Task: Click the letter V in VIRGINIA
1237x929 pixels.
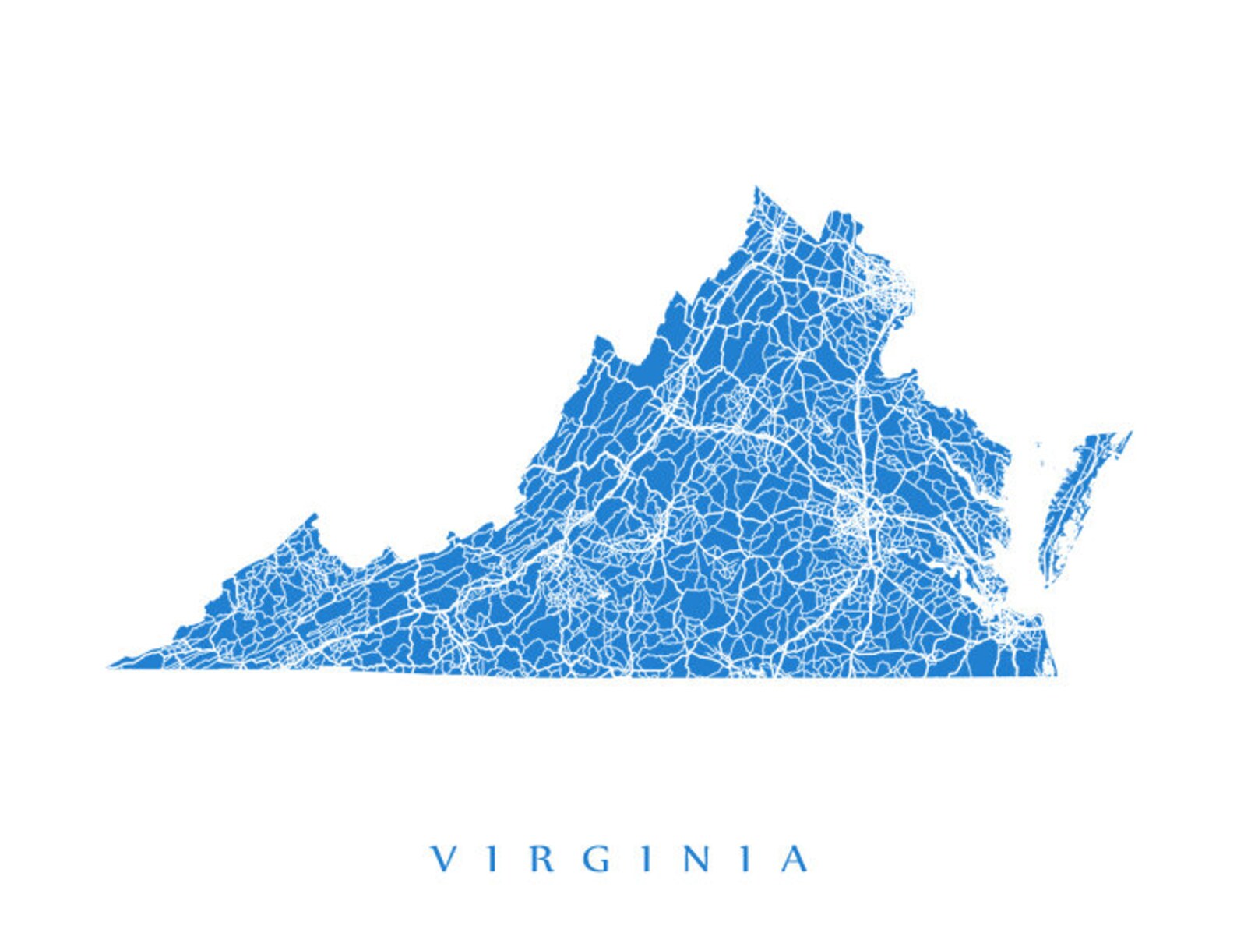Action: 444,859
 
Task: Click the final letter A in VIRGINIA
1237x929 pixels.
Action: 795,859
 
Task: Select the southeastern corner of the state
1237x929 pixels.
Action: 1056,674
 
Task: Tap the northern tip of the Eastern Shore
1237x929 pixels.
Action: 1130,433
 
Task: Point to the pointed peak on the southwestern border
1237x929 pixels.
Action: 314,515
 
